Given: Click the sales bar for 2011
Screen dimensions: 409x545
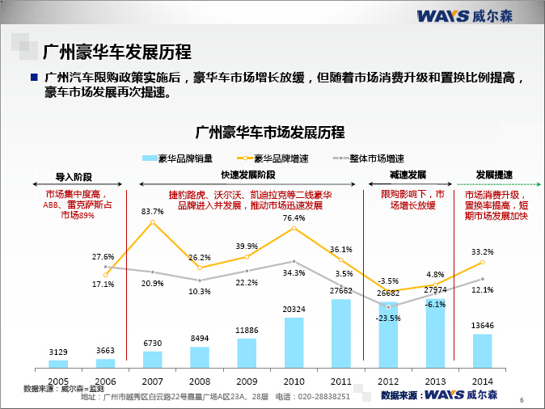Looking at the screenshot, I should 341,333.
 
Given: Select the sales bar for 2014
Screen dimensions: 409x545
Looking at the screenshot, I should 482,350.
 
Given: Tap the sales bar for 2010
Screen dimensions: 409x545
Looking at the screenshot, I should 294,342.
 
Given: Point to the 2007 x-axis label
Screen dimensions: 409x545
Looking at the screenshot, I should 152,380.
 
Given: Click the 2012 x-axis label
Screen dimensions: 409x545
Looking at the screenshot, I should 388,380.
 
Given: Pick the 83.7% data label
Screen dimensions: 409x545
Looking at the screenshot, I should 152,212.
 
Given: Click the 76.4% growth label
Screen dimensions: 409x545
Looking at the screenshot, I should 294,218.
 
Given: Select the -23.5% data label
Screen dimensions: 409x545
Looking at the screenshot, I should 389,318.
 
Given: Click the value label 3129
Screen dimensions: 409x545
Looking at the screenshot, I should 57,352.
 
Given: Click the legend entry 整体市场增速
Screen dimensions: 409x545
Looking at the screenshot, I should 373,158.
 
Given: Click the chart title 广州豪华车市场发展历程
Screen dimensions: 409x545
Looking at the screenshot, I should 271,132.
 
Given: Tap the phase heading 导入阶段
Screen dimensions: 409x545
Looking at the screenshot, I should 74,175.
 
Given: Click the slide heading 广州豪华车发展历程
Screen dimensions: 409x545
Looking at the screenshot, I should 116,53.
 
